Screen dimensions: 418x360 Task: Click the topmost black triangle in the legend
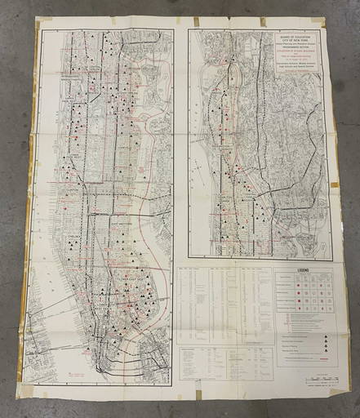click(x=326, y=336)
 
